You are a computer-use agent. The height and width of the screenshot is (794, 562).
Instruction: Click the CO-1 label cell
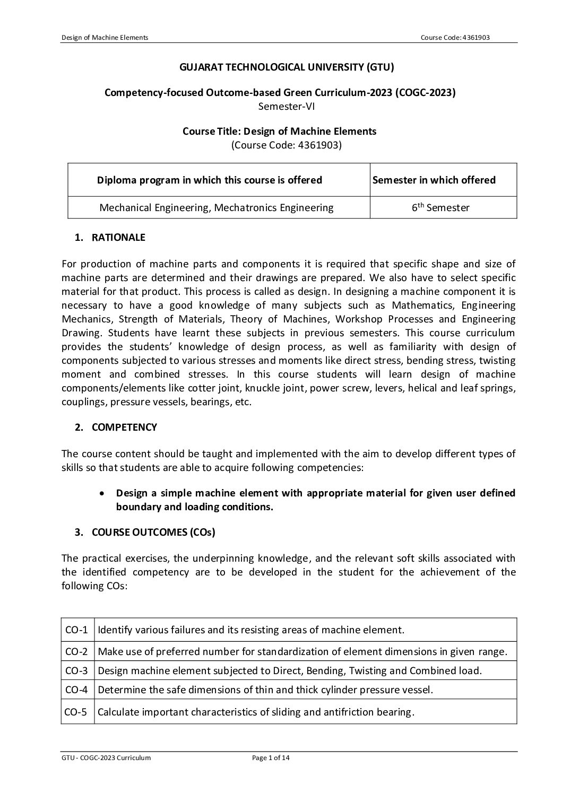tap(76, 630)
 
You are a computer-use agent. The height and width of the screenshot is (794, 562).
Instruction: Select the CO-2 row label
tap(76, 651)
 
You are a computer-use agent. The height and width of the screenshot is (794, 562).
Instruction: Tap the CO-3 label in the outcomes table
tap(76, 670)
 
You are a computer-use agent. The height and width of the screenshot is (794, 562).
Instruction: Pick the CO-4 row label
tap(76, 690)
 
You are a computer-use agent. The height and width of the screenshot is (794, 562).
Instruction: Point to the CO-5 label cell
tap(76, 712)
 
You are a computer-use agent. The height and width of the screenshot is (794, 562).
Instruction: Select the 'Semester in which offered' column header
tap(434, 180)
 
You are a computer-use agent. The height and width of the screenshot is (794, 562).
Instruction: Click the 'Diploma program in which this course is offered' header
tap(210, 180)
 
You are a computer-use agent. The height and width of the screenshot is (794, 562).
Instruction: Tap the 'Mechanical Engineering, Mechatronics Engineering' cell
tap(217, 208)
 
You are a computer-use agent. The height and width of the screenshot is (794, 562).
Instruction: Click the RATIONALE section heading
tap(118, 238)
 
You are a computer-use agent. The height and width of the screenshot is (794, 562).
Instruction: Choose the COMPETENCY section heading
tap(124, 427)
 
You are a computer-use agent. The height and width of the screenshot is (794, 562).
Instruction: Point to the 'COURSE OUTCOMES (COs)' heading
tap(153, 533)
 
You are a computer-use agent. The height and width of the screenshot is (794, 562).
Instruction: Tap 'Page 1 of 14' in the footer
tap(271, 758)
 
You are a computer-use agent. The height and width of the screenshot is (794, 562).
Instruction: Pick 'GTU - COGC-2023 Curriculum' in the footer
tap(106, 758)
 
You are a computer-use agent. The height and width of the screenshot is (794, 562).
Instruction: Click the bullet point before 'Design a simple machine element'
tap(101, 493)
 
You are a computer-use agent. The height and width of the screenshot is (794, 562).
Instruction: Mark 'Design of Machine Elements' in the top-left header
tap(105, 37)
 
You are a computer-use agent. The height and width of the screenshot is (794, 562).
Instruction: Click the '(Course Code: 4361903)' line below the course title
tap(287, 145)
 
